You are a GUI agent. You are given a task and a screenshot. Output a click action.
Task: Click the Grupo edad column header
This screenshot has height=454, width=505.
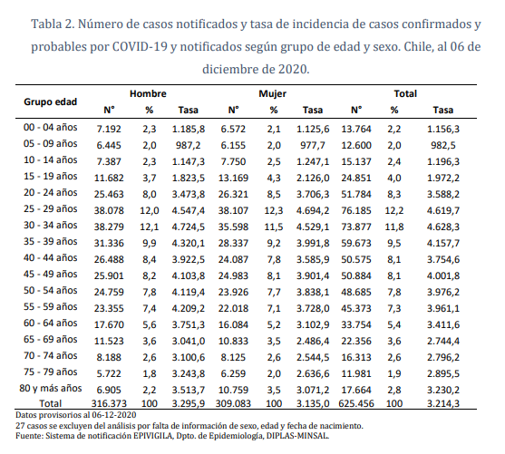pyautogui.click(x=50, y=101)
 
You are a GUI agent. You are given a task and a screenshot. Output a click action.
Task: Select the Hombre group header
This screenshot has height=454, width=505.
pyautogui.click(x=148, y=93)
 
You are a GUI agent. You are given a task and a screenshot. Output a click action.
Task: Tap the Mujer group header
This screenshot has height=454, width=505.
pyautogui.click(x=273, y=93)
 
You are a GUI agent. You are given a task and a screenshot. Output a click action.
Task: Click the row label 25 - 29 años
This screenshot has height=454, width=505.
pyautogui.click(x=50, y=208)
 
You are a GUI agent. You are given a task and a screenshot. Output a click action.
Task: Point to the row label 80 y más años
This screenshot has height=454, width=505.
pyautogui.click(x=51, y=389)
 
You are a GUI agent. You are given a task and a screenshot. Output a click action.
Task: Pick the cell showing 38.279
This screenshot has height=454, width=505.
pyautogui.click(x=109, y=227)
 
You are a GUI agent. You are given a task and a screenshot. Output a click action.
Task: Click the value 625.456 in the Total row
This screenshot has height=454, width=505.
pyautogui.click(x=356, y=403)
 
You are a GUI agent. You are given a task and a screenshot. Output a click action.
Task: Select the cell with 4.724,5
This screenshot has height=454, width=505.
pyautogui.click(x=188, y=227)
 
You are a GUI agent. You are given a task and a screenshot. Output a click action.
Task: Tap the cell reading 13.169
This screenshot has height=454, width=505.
pyautogui.click(x=233, y=178)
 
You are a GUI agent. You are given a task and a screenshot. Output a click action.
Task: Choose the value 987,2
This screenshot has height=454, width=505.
pyautogui.click(x=188, y=145)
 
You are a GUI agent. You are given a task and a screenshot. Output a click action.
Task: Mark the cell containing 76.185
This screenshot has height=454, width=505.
pyautogui.click(x=356, y=210)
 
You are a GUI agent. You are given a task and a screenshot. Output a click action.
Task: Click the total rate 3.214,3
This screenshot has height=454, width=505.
pyautogui.click(x=443, y=403)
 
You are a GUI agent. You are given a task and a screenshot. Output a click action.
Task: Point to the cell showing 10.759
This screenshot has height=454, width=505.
pyautogui.click(x=233, y=390)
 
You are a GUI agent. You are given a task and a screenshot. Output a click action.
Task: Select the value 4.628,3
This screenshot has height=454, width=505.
pyautogui.click(x=443, y=227)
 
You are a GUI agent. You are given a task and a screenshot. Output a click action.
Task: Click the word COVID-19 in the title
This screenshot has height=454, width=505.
pyautogui.click(x=140, y=47)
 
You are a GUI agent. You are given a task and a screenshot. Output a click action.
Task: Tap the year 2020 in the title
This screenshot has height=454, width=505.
pyautogui.click(x=294, y=70)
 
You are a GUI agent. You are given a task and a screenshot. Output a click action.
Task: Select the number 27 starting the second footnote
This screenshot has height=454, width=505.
pyautogui.click(x=20, y=426)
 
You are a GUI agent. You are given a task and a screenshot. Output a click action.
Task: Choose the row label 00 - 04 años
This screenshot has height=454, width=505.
pyautogui.click(x=50, y=127)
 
